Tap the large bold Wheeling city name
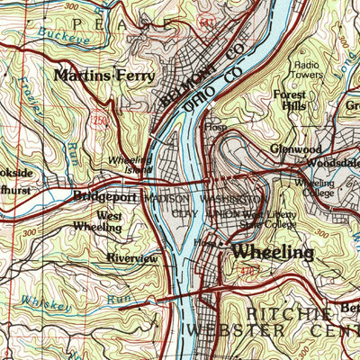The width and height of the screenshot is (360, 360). [273, 253]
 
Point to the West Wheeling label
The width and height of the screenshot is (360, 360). [109, 222]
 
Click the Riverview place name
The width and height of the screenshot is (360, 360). [131, 258]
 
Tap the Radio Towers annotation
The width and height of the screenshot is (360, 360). [308, 71]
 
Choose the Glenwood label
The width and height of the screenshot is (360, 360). [294, 149]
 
